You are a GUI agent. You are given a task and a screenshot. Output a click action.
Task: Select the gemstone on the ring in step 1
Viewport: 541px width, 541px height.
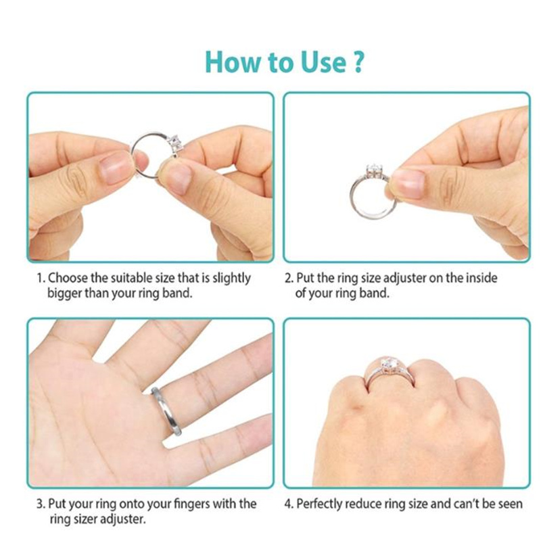[x=174, y=144]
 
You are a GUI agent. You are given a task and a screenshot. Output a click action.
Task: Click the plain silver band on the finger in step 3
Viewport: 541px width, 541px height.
[x=166, y=410]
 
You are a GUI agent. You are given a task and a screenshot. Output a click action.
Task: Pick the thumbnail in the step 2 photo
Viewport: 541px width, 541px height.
[x=409, y=183]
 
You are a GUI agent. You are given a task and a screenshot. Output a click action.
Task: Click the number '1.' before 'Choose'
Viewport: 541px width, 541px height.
[x=41, y=278]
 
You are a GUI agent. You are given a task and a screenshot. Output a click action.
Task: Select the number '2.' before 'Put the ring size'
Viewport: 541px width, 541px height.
[x=289, y=278]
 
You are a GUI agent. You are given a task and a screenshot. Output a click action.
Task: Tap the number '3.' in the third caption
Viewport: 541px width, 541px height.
[x=41, y=504]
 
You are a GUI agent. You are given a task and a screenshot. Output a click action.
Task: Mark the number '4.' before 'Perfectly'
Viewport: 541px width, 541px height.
[x=289, y=504]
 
